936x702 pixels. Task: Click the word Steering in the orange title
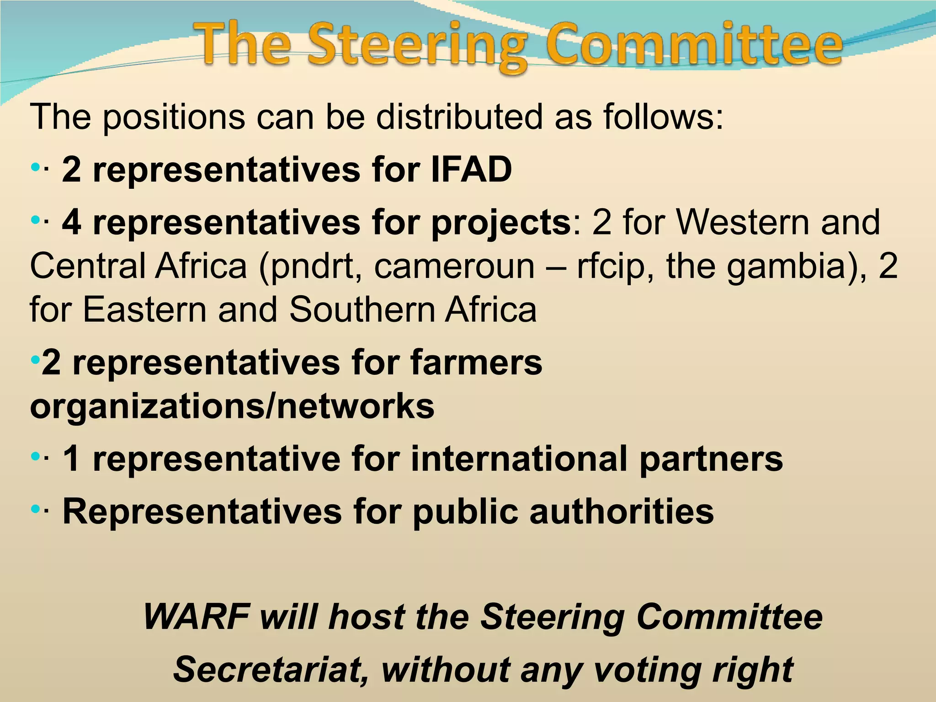click(417, 46)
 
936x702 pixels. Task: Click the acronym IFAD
click(471, 170)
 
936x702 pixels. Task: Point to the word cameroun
click(454, 266)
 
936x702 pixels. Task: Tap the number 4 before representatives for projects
click(72, 223)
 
